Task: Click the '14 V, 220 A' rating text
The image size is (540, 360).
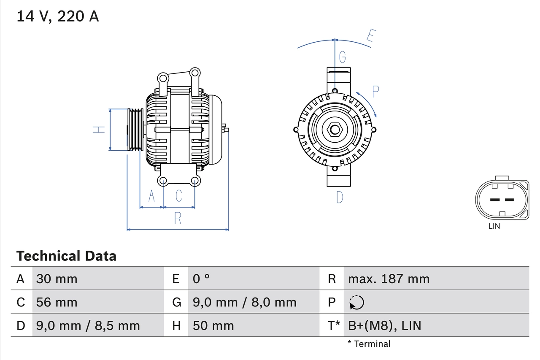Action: pyautogui.click(x=58, y=16)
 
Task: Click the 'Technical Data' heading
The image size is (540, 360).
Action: pyautogui.click(x=66, y=256)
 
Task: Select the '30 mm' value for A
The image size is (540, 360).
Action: pyautogui.click(x=57, y=279)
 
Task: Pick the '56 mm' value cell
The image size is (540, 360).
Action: pyautogui.click(x=57, y=302)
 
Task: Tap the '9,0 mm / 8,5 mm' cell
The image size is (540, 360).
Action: pyautogui.click(x=88, y=325)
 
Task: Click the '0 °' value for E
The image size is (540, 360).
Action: pyautogui.click(x=201, y=279)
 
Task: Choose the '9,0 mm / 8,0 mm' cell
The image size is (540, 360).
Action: pyautogui.click(x=245, y=302)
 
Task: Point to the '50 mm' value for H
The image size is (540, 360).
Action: pyautogui.click(x=213, y=325)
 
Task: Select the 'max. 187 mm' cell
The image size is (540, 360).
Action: pyautogui.click(x=389, y=279)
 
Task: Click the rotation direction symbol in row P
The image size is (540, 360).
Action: pyautogui.click(x=356, y=302)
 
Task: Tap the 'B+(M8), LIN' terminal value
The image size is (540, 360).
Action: pyautogui.click(x=384, y=325)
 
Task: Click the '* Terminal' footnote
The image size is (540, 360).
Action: pyautogui.click(x=369, y=344)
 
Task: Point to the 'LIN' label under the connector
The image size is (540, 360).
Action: pyautogui.click(x=494, y=226)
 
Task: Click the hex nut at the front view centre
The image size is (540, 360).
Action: pyautogui.click(x=335, y=130)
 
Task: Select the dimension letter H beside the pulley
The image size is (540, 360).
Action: pyautogui.click(x=99, y=130)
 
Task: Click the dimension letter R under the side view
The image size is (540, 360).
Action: pyautogui.click(x=178, y=218)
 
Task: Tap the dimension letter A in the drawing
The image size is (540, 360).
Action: pyautogui.click(x=151, y=196)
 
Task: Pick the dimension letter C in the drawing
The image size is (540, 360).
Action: pyautogui.click(x=179, y=196)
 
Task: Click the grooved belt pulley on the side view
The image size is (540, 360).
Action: pyautogui.click(x=135, y=130)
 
